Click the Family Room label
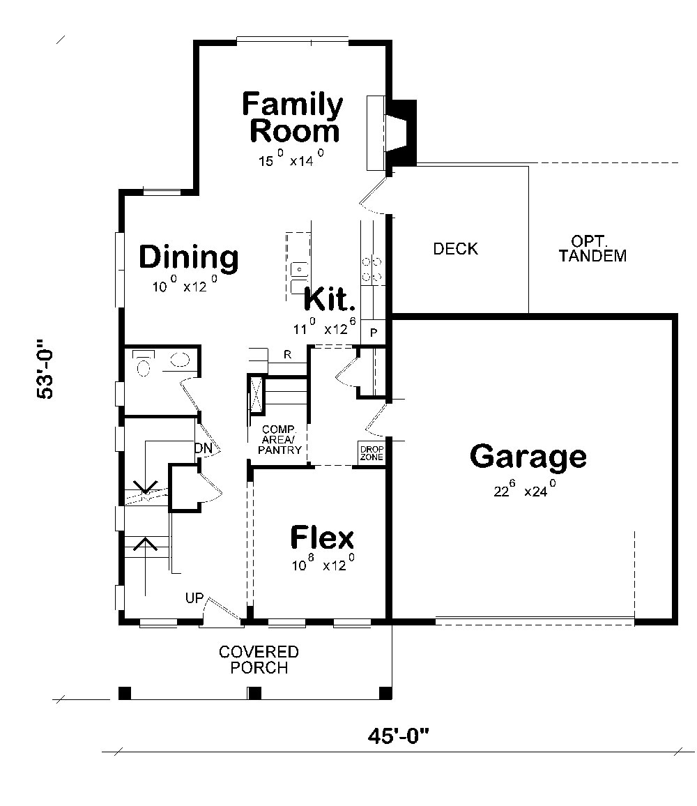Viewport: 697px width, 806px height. tap(292, 117)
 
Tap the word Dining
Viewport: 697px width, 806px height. tap(189, 257)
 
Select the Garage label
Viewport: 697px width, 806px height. tap(528, 457)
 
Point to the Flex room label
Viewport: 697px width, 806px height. tap(322, 538)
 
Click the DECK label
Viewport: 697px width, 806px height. tap(455, 249)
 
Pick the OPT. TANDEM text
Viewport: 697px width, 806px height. tap(592, 249)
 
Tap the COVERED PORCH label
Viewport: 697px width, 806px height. tap(259, 660)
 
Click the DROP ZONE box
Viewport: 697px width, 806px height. tap(372, 453)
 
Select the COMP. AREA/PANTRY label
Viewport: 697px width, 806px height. tap(279, 439)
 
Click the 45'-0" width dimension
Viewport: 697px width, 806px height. tap(398, 736)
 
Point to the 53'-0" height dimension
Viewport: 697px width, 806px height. tap(45, 369)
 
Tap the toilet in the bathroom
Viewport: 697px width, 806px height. tap(144, 362)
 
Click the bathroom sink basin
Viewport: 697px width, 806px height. tap(179, 359)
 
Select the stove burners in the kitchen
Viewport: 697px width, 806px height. tap(373, 269)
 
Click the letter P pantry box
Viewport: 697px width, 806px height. tap(374, 332)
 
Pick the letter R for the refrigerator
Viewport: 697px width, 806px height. tap(287, 354)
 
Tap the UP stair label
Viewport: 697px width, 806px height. tap(194, 598)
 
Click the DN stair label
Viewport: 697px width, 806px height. tap(204, 448)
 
